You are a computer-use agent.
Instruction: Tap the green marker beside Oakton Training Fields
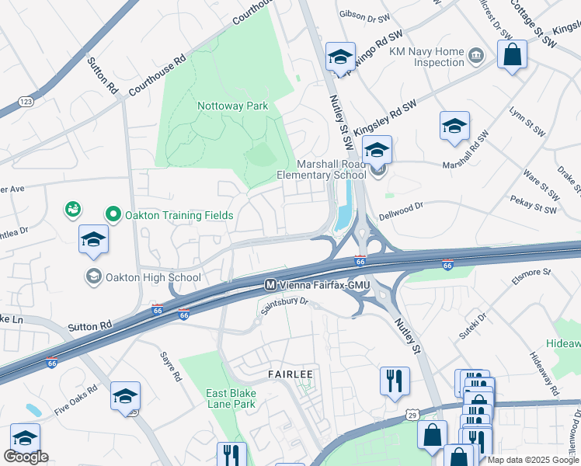(x=113, y=214)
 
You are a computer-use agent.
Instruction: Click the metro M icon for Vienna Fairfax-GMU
(x=271, y=285)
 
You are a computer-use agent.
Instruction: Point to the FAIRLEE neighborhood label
(x=290, y=374)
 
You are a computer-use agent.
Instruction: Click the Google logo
(x=26, y=457)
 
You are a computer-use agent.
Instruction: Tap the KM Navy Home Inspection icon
(x=476, y=55)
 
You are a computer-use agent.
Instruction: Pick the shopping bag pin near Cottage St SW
(x=512, y=55)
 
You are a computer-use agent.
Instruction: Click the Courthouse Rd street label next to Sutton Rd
(x=158, y=75)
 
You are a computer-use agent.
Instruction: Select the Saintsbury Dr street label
(x=284, y=308)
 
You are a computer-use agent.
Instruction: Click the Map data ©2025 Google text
(x=532, y=459)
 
